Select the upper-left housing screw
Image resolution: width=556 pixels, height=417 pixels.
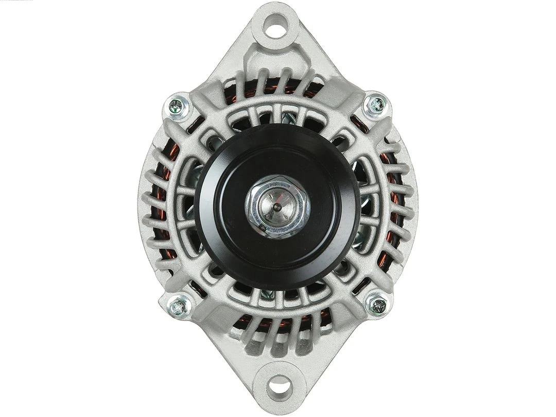tap(178, 106)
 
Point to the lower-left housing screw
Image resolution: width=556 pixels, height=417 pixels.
tap(179, 306)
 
